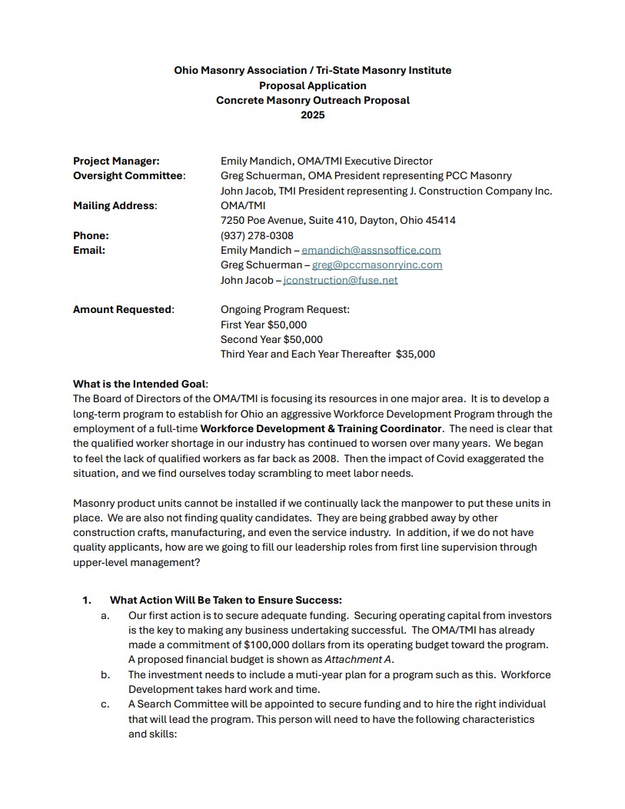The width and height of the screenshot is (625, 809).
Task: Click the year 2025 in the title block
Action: tap(312, 115)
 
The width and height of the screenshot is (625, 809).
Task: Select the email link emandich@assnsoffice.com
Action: tap(371, 250)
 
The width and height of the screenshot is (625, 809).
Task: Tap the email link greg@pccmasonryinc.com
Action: tap(377, 265)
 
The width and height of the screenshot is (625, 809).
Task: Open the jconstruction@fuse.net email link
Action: tap(341, 280)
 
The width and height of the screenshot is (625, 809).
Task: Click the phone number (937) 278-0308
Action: tap(257, 235)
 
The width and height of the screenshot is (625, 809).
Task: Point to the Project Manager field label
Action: tap(116, 161)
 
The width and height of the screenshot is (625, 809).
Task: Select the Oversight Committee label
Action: tap(129, 176)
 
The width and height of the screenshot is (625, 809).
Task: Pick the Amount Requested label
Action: tap(123, 309)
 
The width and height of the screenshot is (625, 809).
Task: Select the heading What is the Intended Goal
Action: tap(140, 384)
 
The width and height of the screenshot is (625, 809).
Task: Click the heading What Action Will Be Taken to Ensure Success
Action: tap(226, 601)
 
